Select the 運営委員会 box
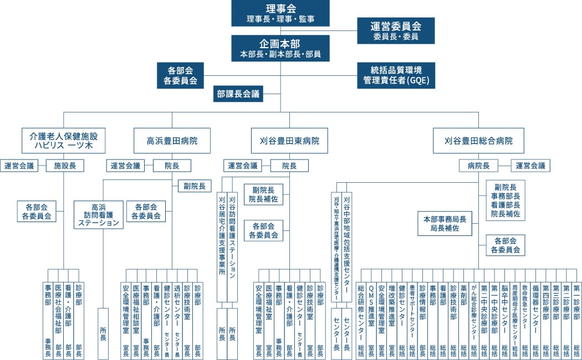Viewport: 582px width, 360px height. pos(396,30)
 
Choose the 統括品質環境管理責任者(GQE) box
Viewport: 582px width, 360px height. pos(396,75)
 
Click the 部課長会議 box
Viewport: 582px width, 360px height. pos(238,94)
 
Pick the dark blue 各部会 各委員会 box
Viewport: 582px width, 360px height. pos(180,75)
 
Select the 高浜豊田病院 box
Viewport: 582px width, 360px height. pos(165,141)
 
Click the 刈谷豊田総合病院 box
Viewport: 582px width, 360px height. pos(478,141)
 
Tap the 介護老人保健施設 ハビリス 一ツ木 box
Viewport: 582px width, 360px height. pos(63,141)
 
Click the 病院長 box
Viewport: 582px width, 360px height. pos(478,165)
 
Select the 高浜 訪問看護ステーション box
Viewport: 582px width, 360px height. pos(99,215)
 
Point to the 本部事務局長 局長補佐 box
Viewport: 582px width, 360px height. pos(446,223)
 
